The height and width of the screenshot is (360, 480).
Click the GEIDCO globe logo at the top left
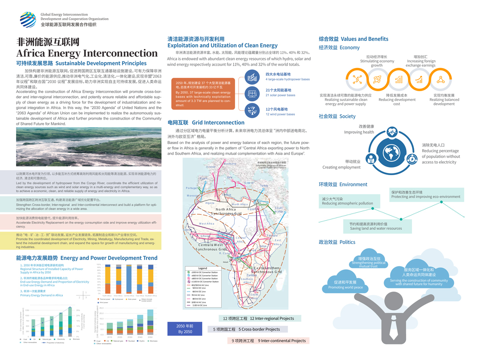tap(28, 19)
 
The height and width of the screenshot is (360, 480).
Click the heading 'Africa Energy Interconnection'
tap(87, 53)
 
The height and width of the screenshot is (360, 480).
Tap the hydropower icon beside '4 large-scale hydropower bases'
tap(252, 77)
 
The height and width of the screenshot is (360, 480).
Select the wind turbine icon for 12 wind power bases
tap(252, 111)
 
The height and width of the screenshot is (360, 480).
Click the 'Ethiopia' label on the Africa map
tap(272, 236)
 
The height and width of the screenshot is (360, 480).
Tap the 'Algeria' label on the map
tap(210, 203)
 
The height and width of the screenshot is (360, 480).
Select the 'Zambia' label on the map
tap(252, 275)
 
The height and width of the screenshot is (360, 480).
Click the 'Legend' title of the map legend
tap(202, 268)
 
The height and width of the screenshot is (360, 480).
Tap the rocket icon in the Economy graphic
tap(377, 80)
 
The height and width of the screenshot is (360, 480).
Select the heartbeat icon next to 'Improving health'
tap(392, 132)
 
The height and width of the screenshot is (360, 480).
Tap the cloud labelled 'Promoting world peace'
tap(345, 285)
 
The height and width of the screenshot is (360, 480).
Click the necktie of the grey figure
tap(393, 328)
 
